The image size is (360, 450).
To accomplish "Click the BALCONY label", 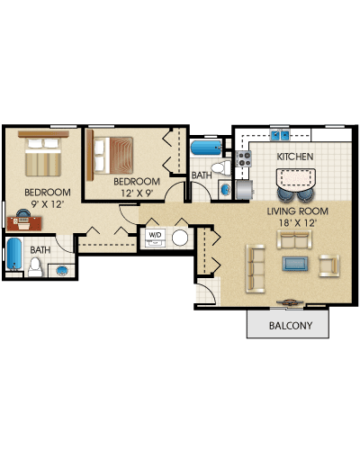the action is coord(291,326).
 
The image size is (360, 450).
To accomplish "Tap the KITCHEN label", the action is coord(295,157).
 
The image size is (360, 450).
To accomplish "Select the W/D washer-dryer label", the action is coord(155,235).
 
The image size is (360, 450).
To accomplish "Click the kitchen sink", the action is coord(280,136).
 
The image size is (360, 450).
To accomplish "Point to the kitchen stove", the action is coord(244,158).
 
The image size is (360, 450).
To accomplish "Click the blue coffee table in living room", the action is coord(295,264).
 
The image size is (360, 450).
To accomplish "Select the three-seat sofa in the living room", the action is coord(256,268).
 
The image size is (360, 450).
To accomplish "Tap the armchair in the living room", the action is coord(329,265).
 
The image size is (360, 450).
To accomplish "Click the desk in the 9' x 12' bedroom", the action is coord(24,223).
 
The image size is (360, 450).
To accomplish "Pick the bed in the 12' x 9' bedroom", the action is coord(110,155).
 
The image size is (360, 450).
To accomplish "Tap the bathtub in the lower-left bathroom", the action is coord(14,254).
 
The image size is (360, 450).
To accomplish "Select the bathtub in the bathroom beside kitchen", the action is coord(206,148).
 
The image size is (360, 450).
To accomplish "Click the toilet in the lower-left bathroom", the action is coord(35,267).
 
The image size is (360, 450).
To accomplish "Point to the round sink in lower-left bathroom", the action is coord(62,271).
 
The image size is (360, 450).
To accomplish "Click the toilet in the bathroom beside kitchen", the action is coord(221,167).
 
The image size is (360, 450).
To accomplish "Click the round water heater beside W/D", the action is coord(180,238).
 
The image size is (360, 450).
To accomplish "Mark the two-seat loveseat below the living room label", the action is coord(294,239).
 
